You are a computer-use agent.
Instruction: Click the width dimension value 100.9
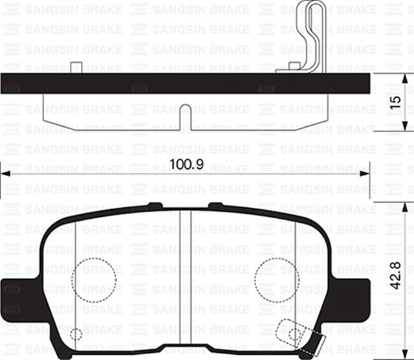[187, 164]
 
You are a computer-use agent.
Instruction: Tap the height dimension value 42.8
[399, 275]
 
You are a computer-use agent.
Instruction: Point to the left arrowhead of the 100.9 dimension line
[5, 173]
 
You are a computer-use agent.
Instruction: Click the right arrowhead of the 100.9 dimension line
[369, 173]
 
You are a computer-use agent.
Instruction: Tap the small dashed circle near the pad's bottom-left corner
[76, 335]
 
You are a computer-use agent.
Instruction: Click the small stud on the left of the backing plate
[76, 65]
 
